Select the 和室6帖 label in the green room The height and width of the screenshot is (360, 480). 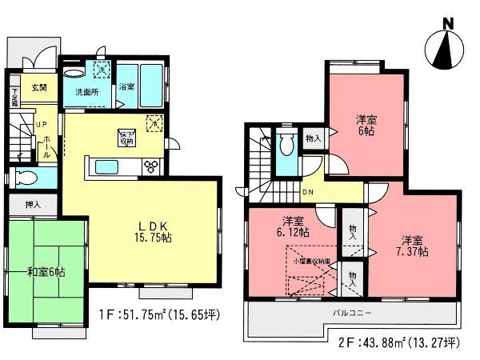(47, 272)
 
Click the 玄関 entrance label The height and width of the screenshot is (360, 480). (39, 87)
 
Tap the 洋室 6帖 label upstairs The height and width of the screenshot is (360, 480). (367, 125)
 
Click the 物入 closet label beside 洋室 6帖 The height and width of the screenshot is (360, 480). (313, 138)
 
